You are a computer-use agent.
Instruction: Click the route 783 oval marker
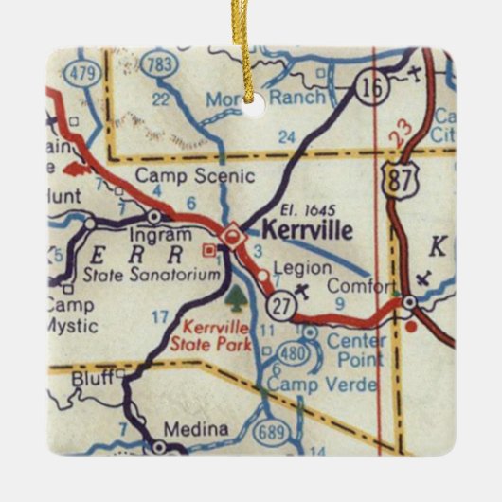click(160, 64)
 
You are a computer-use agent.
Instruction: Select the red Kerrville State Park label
click(217, 333)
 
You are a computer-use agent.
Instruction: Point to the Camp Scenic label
click(194, 175)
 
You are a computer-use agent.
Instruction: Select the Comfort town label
click(361, 286)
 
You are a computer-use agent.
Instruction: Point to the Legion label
click(301, 268)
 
